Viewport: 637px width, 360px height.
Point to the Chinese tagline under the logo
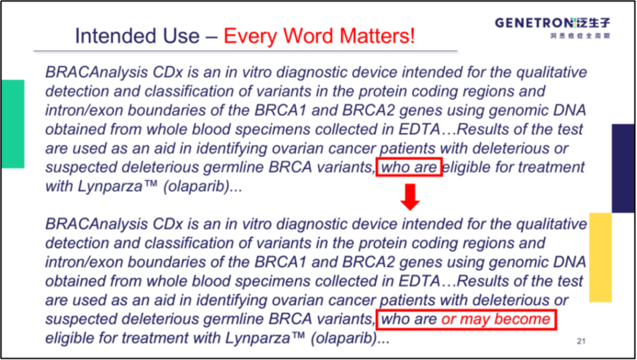[580, 35]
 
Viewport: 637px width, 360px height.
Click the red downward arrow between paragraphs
[410, 197]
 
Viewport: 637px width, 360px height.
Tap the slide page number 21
[581, 341]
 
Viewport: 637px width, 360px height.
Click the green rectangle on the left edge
[12, 124]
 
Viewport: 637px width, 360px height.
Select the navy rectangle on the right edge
[623, 168]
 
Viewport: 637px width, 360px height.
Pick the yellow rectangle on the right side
[600, 257]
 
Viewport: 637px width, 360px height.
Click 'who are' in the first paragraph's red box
[409, 167]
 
